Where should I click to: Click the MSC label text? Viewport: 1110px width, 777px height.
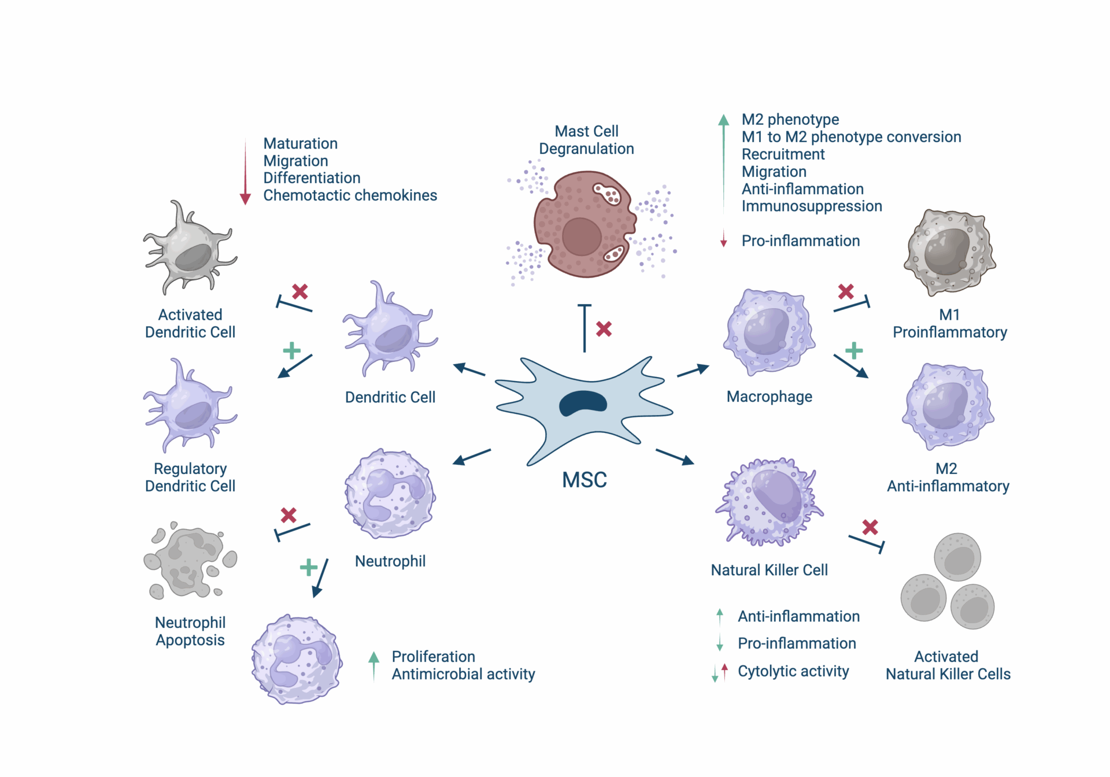(584, 480)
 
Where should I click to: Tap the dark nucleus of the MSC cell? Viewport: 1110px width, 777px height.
(583, 404)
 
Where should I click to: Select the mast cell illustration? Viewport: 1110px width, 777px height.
(584, 224)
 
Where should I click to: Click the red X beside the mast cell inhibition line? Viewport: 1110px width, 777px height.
(604, 329)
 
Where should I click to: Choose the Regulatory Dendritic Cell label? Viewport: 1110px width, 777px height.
(190, 477)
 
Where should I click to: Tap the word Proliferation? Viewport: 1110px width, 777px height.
(434, 657)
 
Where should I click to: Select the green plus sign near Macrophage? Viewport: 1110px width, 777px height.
(854, 350)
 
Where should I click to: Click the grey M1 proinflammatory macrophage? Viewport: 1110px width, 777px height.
(949, 252)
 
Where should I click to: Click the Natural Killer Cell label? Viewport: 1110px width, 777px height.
(769, 570)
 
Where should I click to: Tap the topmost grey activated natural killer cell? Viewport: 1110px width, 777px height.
(958, 557)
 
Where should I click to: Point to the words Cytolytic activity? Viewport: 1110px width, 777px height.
(793, 671)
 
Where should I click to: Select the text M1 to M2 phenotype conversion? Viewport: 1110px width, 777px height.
(851, 137)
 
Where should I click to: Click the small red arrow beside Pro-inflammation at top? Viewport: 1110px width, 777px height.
(723, 239)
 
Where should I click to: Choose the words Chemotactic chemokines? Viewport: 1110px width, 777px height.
(350, 195)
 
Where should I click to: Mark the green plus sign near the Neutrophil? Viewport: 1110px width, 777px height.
(309, 567)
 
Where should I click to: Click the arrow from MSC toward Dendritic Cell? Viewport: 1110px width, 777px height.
(469, 369)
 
